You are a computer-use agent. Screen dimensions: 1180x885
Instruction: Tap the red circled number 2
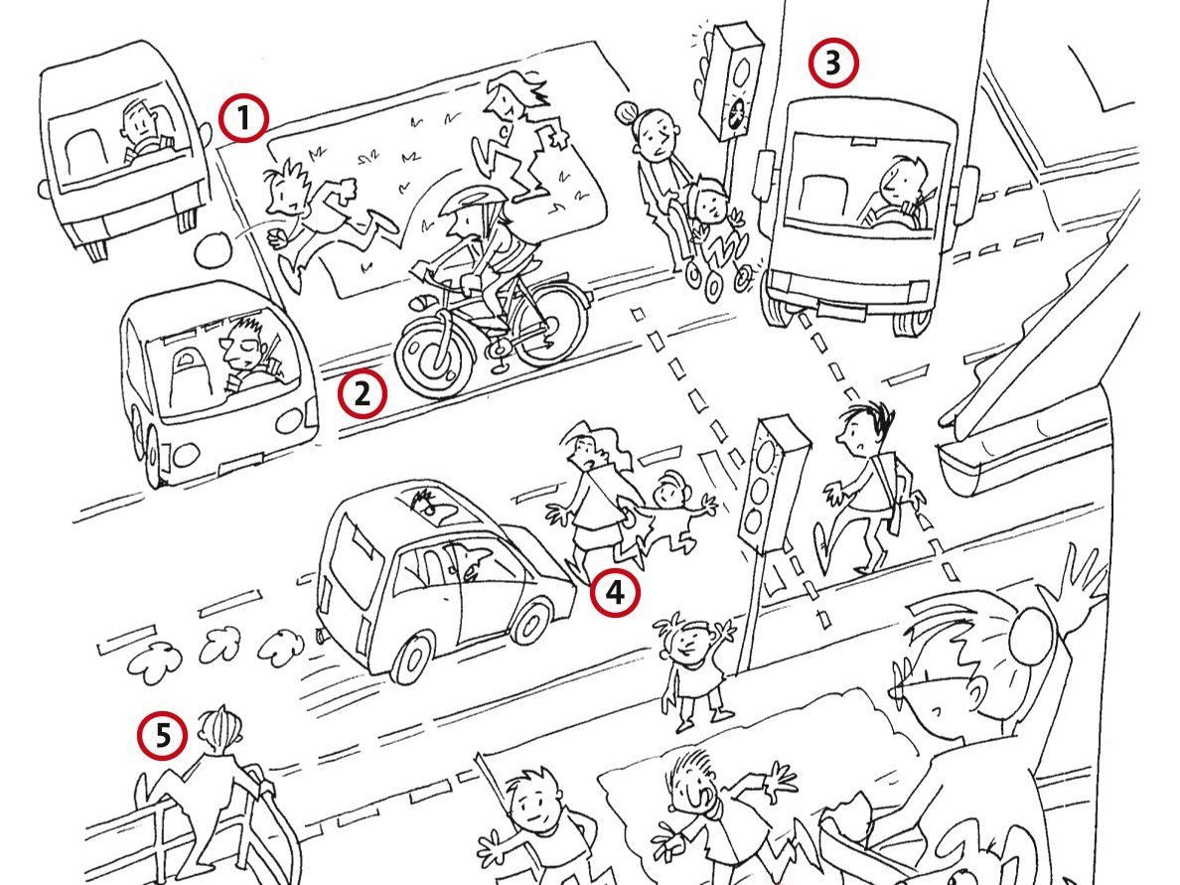point(362,393)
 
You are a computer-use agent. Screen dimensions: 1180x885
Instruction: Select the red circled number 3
point(833,64)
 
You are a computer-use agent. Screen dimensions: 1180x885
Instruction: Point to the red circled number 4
point(615,593)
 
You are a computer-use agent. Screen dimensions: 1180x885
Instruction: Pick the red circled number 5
point(163,735)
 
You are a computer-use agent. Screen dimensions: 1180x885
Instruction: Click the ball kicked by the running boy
point(216,249)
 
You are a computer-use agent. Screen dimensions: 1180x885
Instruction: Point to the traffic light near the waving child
point(772,486)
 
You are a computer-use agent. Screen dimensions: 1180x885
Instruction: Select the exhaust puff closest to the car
point(281,645)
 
